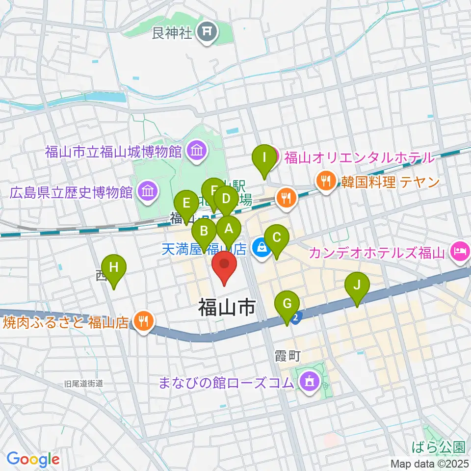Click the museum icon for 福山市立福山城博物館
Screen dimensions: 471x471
tap(197, 151)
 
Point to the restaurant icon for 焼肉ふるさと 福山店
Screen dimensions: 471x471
tap(143, 322)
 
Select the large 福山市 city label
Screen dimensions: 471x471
tap(227, 308)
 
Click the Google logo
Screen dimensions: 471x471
tap(33, 459)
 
